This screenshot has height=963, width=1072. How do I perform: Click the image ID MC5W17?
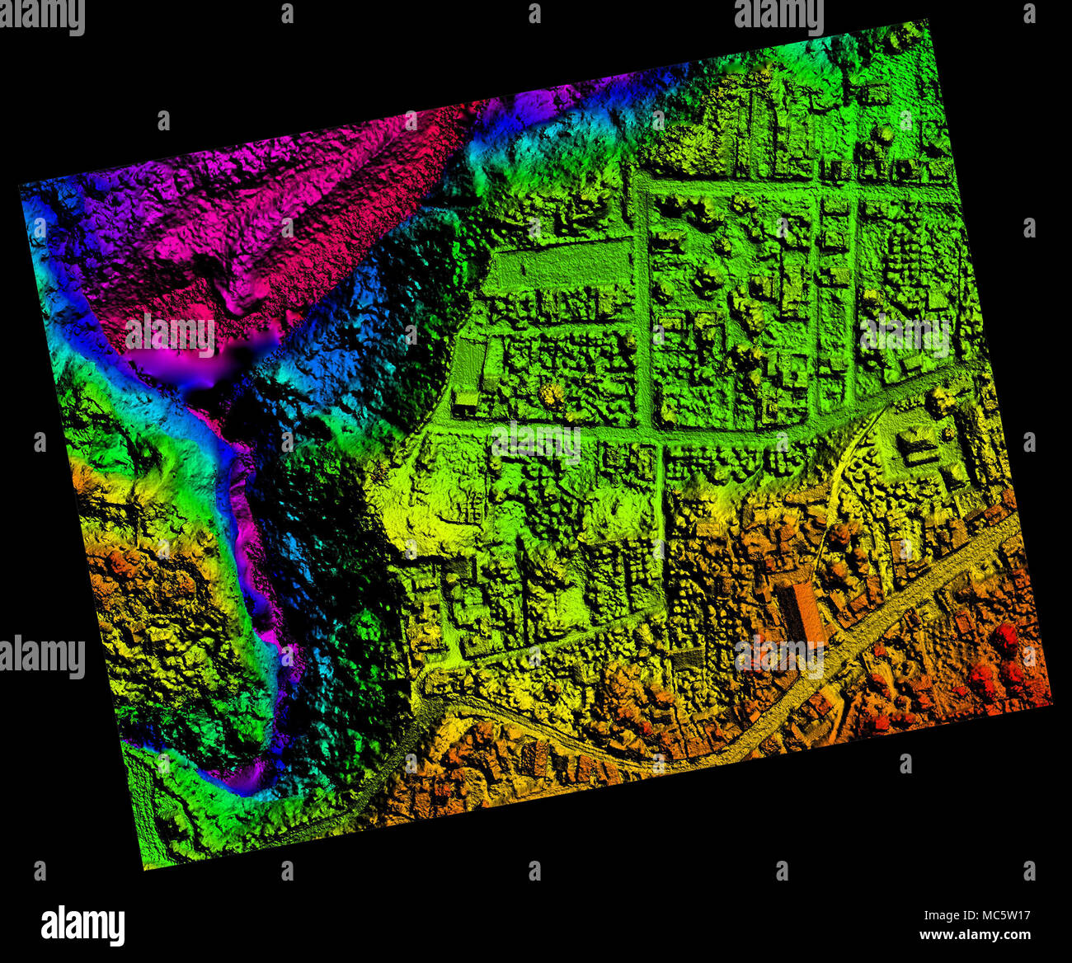point(976,914)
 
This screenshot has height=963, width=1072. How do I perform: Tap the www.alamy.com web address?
point(976,935)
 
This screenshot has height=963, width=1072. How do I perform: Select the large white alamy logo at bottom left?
point(82,925)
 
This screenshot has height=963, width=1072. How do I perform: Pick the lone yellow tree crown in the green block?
point(551,389)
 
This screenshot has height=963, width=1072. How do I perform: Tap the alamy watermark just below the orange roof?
point(778,657)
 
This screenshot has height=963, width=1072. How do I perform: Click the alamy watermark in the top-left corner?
point(41,16)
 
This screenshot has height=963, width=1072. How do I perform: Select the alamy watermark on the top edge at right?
point(778,15)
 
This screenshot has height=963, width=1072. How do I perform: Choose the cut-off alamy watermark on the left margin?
point(41,657)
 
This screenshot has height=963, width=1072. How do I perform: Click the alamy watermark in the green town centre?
point(535,443)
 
